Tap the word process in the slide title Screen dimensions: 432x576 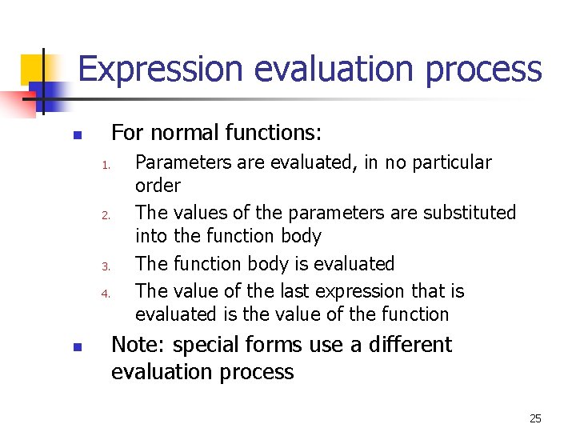click(x=483, y=70)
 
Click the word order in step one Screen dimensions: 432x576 click(x=158, y=186)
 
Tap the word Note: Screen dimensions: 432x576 click(x=138, y=345)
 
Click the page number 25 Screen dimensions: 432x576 click(x=535, y=418)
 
